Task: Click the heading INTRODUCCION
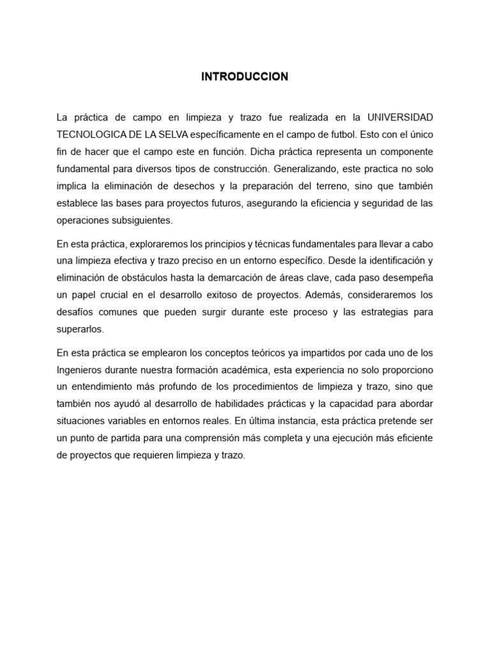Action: (245, 77)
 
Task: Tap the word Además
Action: (323, 295)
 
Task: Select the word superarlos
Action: (80, 329)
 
